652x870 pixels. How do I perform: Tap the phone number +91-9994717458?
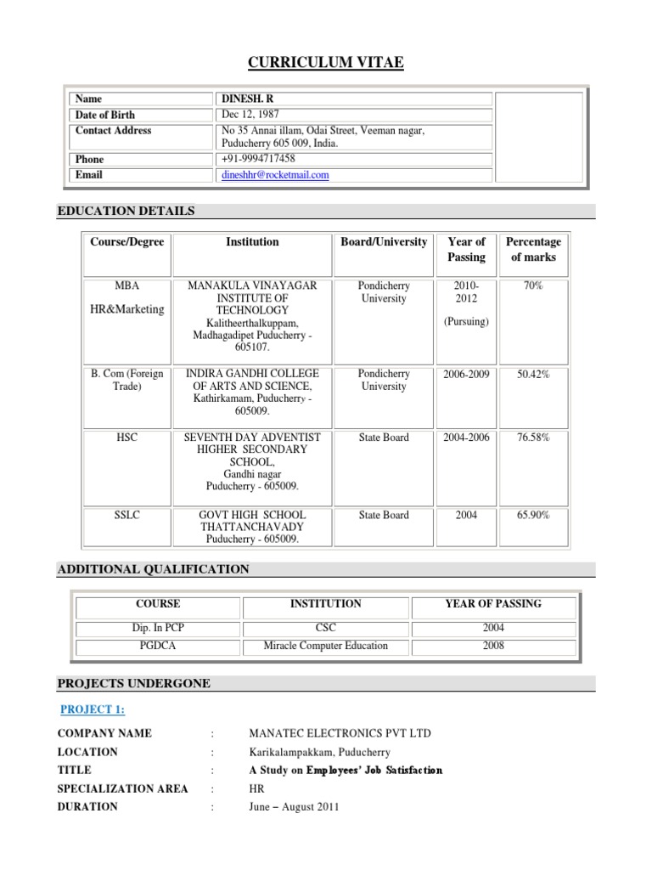point(258,159)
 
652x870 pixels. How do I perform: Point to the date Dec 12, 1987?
point(250,115)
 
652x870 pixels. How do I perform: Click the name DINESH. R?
point(247,99)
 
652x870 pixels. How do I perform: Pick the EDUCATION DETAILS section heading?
point(126,211)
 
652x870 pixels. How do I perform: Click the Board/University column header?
point(384,242)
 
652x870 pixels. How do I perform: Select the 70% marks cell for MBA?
point(533,286)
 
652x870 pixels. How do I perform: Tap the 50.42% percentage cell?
point(533,375)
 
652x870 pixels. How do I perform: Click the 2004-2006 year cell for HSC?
point(466,438)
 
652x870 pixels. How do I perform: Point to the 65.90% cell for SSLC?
point(533,515)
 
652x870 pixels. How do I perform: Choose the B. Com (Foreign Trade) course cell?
point(127,380)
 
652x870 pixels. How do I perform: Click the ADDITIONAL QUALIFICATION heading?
point(153,569)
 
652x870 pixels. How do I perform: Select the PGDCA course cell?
point(158,646)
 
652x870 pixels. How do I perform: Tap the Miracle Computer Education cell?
point(326,646)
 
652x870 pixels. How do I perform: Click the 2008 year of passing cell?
point(493,646)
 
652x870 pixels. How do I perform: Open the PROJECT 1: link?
point(93,709)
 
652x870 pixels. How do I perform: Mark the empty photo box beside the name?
point(538,138)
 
